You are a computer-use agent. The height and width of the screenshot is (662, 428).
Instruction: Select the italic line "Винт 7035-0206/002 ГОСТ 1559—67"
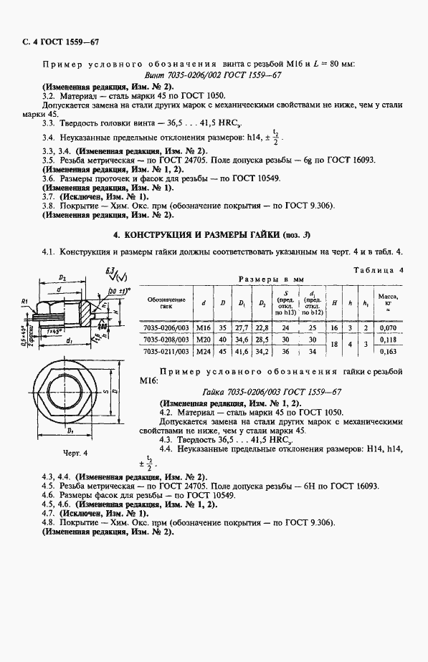tap(212, 75)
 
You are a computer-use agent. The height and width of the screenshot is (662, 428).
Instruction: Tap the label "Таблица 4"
tap(379, 269)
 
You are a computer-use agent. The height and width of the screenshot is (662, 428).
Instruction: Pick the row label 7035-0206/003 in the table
tap(166, 327)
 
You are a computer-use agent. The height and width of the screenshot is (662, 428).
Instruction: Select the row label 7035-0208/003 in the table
tap(166, 339)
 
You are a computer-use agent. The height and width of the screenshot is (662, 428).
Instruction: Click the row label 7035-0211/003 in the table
tap(166, 351)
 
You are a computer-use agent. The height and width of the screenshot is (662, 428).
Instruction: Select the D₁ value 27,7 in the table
tap(242, 327)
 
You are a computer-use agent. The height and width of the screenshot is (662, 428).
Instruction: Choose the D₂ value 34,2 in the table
tap(261, 351)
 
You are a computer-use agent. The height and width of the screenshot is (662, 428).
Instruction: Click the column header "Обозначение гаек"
tap(166, 302)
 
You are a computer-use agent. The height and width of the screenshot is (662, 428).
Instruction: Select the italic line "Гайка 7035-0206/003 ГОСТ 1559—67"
tap(271, 392)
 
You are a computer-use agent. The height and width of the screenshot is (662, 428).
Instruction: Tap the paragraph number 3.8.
tap(49, 205)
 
